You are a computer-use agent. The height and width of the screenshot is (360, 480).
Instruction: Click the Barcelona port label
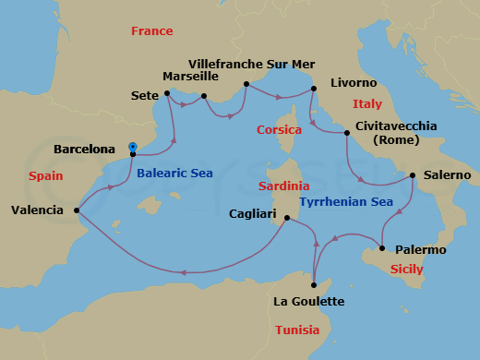point(84,149)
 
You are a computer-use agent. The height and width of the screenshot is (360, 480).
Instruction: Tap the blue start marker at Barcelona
point(134,146)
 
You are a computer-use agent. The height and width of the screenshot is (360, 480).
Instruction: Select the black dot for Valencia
point(76,210)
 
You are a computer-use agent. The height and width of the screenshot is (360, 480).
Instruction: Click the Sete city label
point(145,93)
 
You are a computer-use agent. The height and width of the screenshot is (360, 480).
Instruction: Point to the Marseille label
point(190,77)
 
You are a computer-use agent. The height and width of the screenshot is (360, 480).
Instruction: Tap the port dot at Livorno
point(314,89)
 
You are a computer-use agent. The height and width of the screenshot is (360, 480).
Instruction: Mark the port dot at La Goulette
point(315,285)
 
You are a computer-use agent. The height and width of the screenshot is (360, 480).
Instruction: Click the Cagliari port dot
point(288,219)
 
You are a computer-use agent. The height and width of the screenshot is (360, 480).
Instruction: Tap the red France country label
point(151,31)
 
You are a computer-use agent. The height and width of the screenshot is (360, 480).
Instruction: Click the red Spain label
point(46,175)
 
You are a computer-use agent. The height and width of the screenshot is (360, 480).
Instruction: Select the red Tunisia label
point(297,330)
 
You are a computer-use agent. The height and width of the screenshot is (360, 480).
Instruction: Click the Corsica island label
point(279,130)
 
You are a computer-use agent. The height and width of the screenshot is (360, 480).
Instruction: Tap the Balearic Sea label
point(176,172)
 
